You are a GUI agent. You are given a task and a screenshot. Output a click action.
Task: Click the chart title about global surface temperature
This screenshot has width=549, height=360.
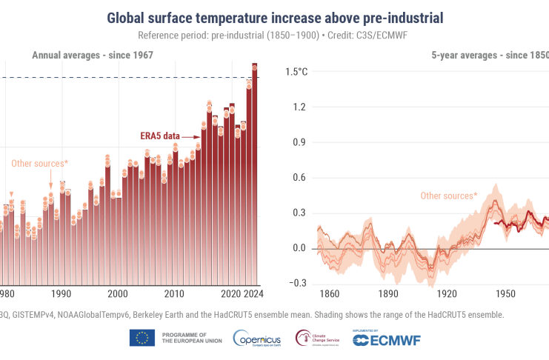pos(274,16)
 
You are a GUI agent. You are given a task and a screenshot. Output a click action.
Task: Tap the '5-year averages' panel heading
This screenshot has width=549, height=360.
pos(490,55)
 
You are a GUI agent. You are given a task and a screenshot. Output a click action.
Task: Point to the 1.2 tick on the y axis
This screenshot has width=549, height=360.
pos(299,107)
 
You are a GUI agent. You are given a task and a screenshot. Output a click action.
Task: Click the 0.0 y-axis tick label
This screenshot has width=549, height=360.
pos(299,248)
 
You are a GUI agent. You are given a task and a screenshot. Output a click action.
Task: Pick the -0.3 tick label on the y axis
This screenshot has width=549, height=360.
pos(298,283)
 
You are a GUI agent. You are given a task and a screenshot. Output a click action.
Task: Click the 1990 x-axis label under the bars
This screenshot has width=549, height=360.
pos(61,293)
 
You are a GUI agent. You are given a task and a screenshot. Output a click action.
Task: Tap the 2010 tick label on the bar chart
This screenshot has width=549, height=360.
pos(174,293)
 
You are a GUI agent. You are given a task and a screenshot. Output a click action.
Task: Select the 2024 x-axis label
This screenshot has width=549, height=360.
pos(254,293)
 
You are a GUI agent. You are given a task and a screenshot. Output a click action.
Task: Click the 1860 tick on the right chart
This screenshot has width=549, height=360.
pos(328,293)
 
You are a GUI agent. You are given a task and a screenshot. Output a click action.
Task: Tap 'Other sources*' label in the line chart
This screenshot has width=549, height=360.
pos(448,196)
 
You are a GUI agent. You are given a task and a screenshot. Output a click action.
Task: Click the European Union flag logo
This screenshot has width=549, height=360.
pos(142,338)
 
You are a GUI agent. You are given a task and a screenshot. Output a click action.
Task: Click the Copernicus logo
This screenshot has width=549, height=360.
pos(256,339)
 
